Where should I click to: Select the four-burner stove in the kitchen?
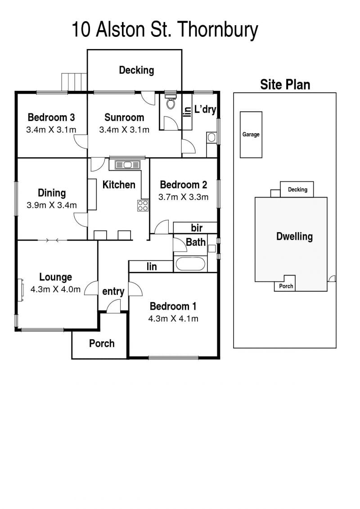pyautogui.click(x=143, y=205)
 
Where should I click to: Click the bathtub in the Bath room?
pyautogui.click(x=190, y=264)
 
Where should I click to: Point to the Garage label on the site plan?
pyautogui.click(x=251, y=135)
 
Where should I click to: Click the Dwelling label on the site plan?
pyautogui.click(x=294, y=236)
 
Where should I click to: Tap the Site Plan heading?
pyautogui.click(x=285, y=85)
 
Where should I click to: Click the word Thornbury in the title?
pyautogui.click(x=218, y=30)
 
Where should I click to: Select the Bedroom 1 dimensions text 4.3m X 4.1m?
pyautogui.click(x=173, y=319)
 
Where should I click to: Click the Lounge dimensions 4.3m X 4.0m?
pyautogui.click(x=55, y=289)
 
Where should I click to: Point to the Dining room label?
pyautogui.click(x=52, y=193)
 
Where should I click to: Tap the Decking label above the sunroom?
pyautogui.click(x=136, y=70)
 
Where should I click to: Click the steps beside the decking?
pyautogui.click(x=74, y=82)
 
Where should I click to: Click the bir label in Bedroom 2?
pyautogui.click(x=197, y=228)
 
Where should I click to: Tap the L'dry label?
pyautogui.click(x=205, y=109)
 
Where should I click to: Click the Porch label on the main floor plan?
pyautogui.click(x=102, y=343)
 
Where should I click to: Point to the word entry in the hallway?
pyautogui.click(x=113, y=292)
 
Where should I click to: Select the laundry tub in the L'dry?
pyautogui.click(x=211, y=137)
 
